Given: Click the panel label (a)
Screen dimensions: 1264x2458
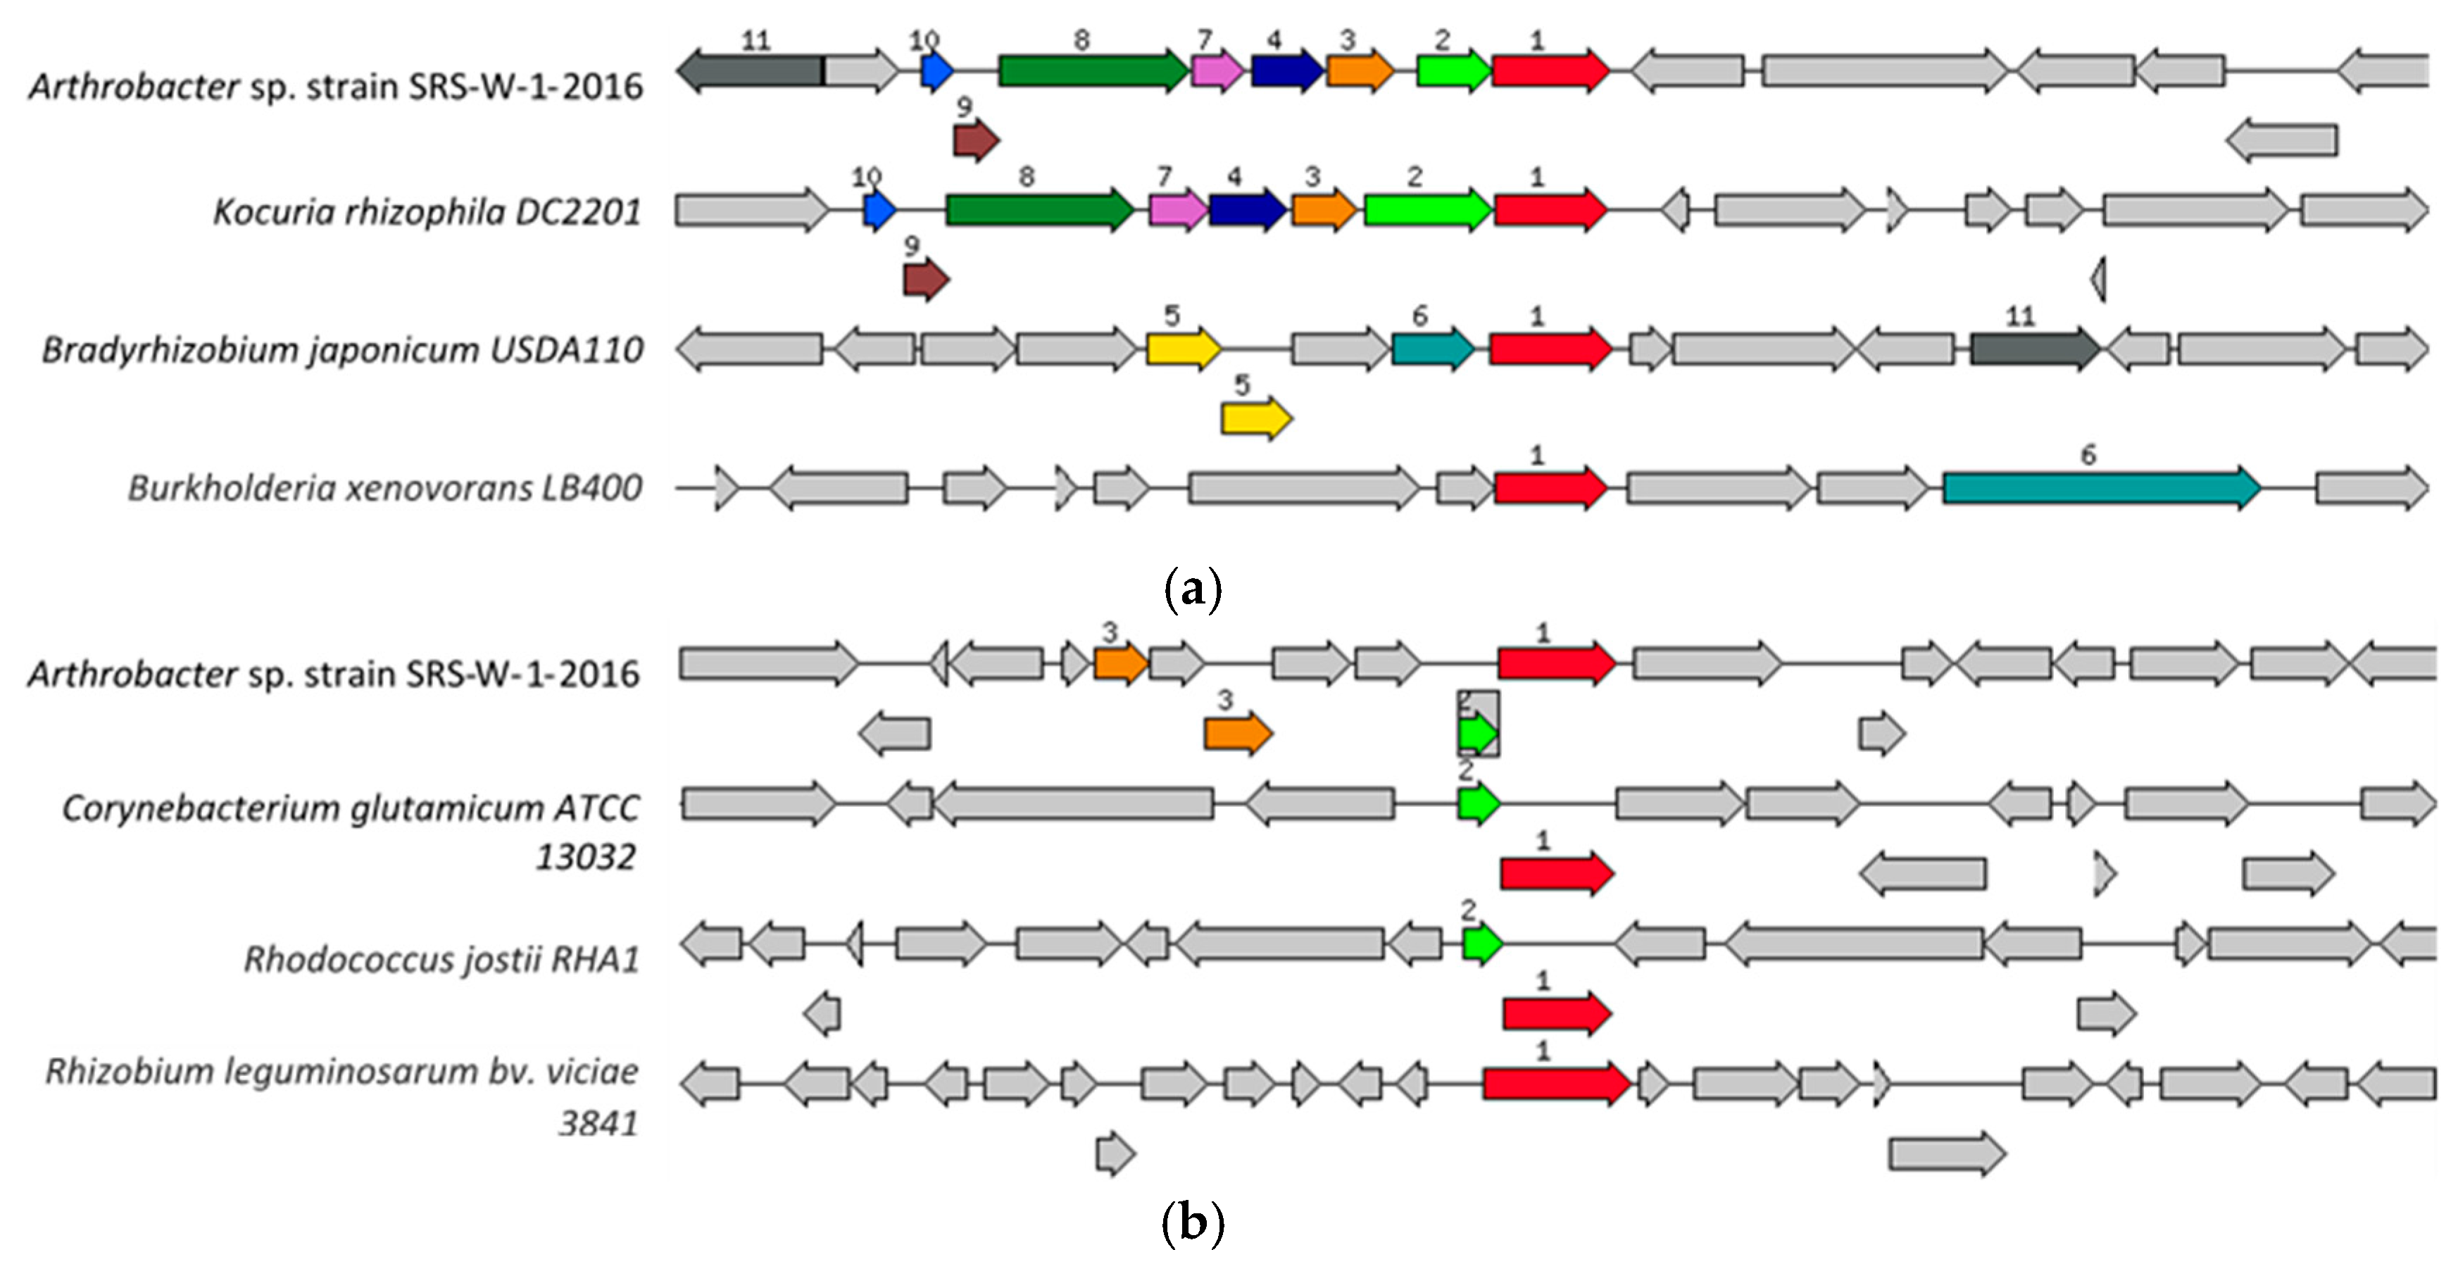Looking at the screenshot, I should (x=1193, y=589).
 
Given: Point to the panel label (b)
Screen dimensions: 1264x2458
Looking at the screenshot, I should (x=1193, y=1222).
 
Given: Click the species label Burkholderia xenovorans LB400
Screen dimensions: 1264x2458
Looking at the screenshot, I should (x=384, y=489).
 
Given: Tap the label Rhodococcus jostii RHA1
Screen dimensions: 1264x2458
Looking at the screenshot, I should (x=441, y=958).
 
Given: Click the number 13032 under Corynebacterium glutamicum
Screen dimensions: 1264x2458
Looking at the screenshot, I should (x=585, y=857).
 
